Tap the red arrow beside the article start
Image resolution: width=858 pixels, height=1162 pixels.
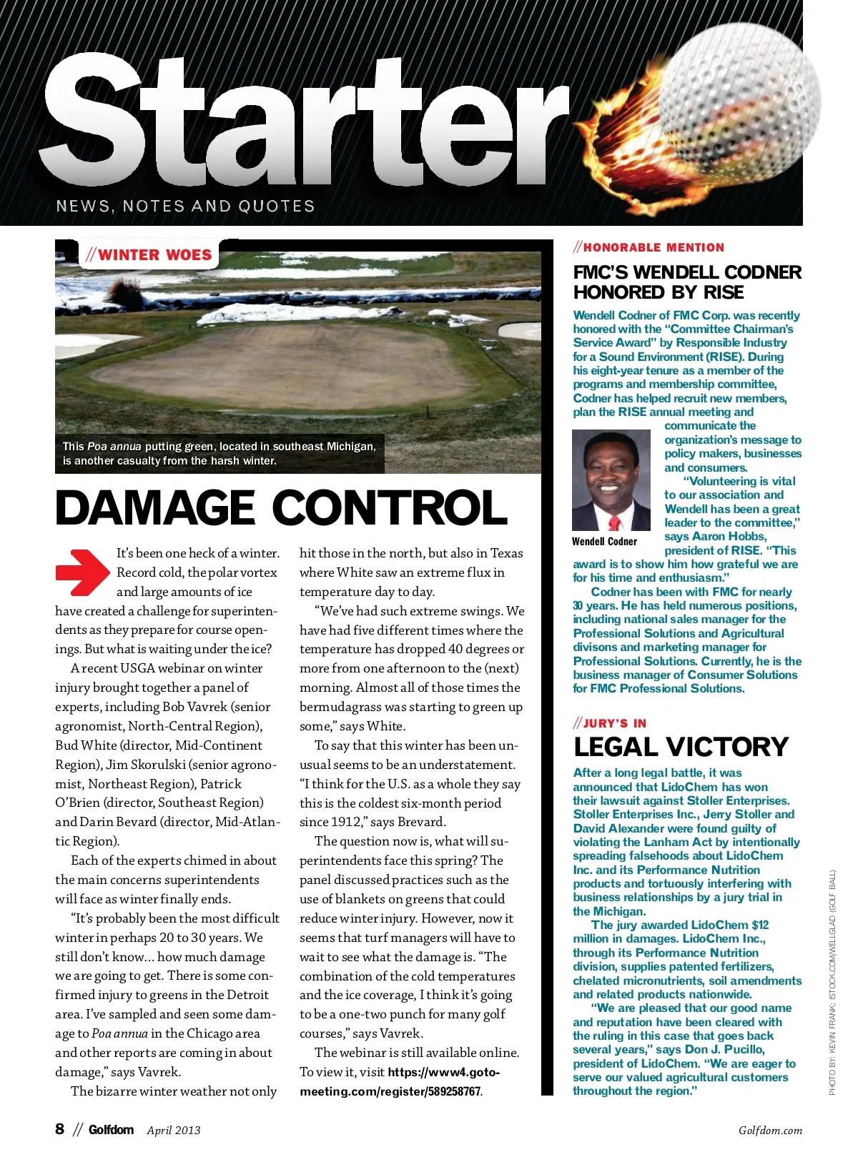(x=82, y=572)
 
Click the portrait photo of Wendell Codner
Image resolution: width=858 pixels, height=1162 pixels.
(x=611, y=480)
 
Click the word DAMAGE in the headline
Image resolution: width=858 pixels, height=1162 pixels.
(x=154, y=508)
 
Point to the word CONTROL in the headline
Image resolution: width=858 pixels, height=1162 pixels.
(x=390, y=508)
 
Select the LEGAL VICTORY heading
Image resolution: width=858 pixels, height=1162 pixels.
(x=681, y=747)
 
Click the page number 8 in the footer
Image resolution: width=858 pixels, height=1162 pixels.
(x=60, y=1129)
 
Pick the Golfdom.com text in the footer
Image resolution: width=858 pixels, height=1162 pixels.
(x=770, y=1131)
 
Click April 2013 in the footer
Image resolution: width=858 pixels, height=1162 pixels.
(x=174, y=1131)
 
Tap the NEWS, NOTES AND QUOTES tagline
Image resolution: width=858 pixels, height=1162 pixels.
(x=185, y=207)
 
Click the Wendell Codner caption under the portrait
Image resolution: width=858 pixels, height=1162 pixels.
(x=604, y=542)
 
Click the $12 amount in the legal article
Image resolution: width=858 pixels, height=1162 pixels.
(x=759, y=925)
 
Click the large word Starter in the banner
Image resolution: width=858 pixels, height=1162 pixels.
(x=304, y=121)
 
